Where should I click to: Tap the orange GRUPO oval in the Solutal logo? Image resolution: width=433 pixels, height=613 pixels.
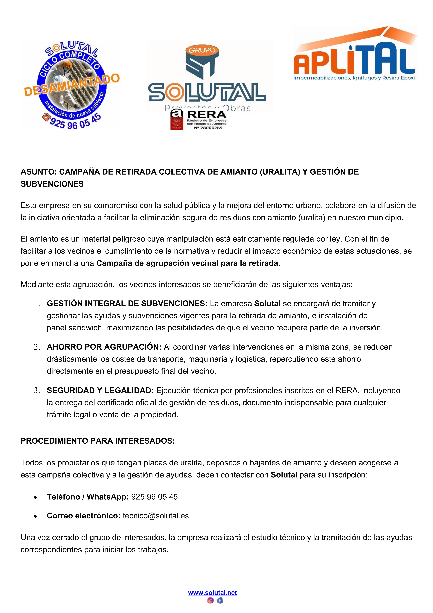(x=202, y=50)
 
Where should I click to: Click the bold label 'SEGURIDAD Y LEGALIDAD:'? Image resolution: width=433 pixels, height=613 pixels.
(x=100, y=391)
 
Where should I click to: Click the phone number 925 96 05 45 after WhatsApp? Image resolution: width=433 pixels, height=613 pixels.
(x=154, y=497)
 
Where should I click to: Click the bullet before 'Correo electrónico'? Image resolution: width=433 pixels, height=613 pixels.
(x=35, y=516)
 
